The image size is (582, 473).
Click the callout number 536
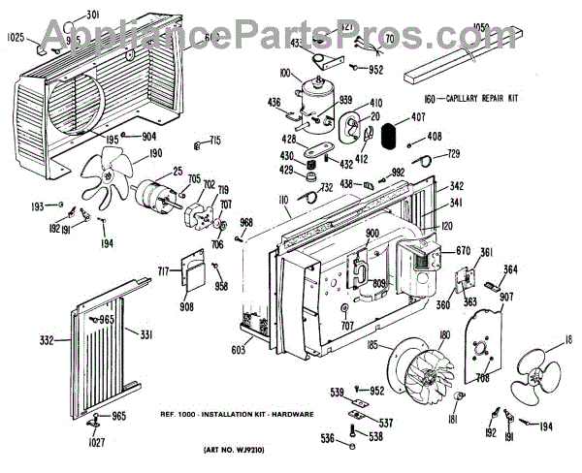pyautogui.click(x=327, y=438)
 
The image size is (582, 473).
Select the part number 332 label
pyautogui.click(x=45, y=340)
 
